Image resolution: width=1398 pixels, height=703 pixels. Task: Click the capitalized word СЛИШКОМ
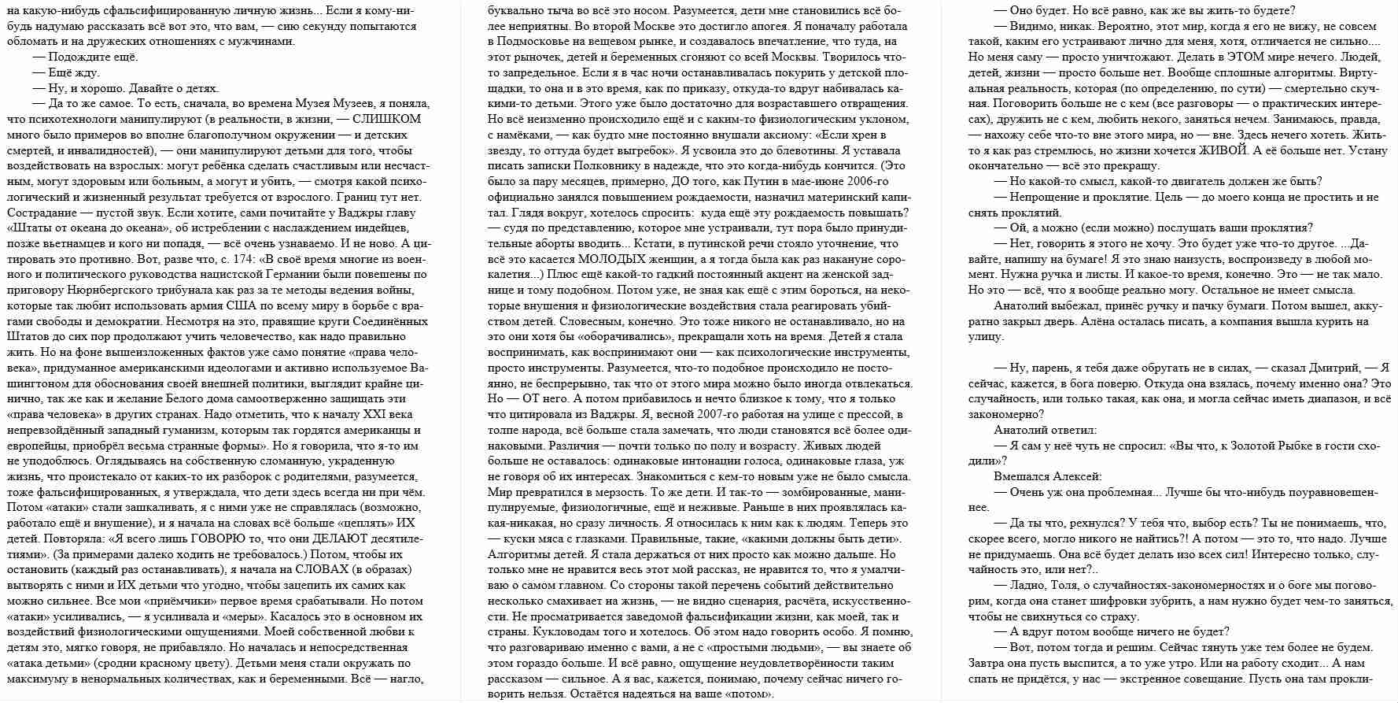[x=386, y=119]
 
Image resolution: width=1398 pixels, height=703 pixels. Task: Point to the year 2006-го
[x=861, y=181]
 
